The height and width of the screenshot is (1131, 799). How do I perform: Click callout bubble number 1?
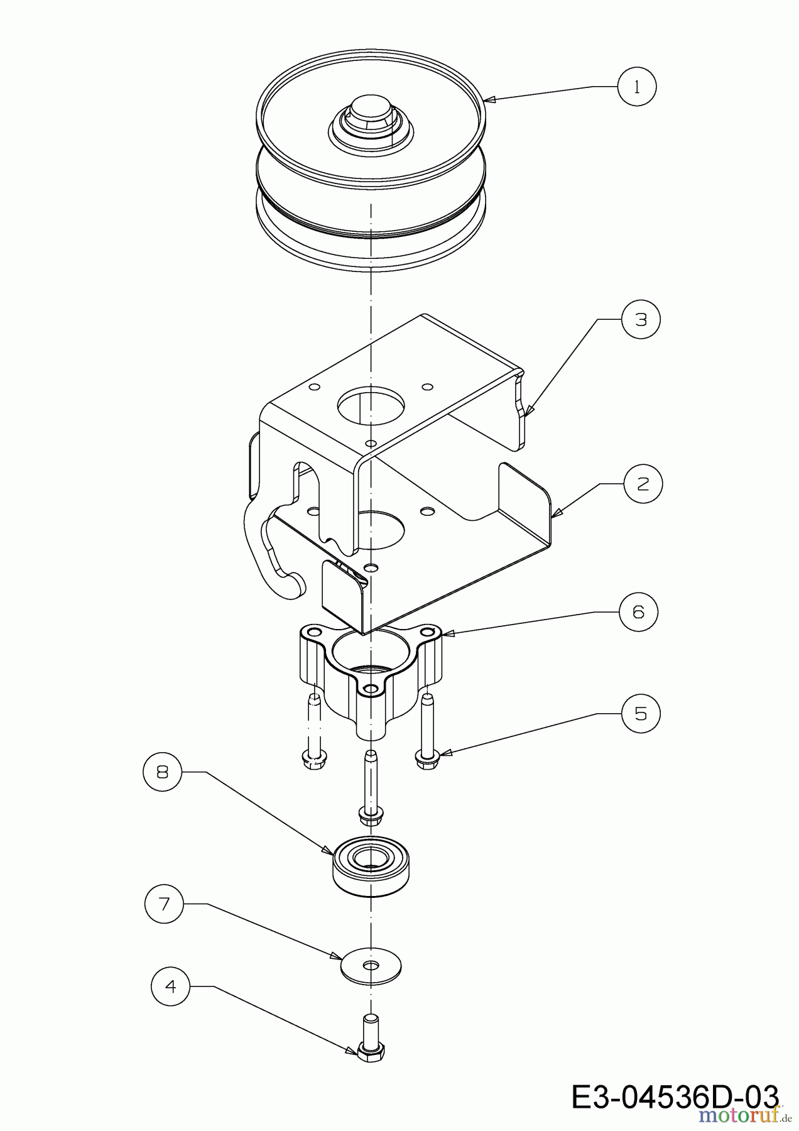coord(636,87)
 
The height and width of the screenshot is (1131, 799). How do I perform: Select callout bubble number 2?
coord(643,484)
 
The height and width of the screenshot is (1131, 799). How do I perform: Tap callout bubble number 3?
coord(641,319)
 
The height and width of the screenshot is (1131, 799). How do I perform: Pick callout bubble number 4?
coord(170,986)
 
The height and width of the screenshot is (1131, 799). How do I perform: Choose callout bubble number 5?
coord(641,713)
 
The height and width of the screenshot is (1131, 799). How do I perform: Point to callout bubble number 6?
coord(638,611)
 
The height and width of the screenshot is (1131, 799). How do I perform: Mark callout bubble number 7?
coord(164,904)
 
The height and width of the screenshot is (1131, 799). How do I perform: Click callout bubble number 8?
coord(163,771)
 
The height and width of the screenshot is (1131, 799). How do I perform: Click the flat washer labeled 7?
coord(371,966)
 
